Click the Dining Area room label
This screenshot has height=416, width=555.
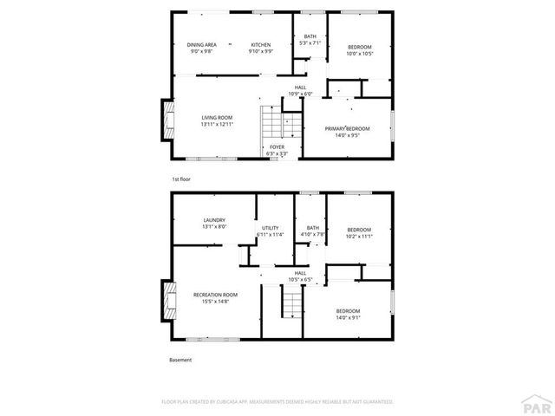click(x=201, y=45)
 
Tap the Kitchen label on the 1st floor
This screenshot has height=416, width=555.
click(x=261, y=45)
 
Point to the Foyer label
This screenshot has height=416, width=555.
click(x=277, y=147)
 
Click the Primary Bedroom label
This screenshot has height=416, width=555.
click(x=348, y=128)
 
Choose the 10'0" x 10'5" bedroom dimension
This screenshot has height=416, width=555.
click(x=360, y=53)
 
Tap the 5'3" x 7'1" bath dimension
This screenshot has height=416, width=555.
click(x=310, y=42)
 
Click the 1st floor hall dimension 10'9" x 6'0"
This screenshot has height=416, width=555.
click(x=300, y=94)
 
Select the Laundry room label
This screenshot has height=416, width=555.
click(x=214, y=220)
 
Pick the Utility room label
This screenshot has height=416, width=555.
click(x=271, y=227)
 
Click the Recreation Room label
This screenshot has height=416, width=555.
click(x=215, y=295)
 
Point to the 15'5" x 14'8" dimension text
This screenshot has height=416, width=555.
click(x=215, y=302)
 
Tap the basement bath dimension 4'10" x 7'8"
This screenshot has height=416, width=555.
click(x=312, y=234)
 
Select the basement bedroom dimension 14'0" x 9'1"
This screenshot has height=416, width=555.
click(x=348, y=317)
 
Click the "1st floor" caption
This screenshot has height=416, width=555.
click(x=180, y=179)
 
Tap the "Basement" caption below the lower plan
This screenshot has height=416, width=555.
click(x=180, y=360)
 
